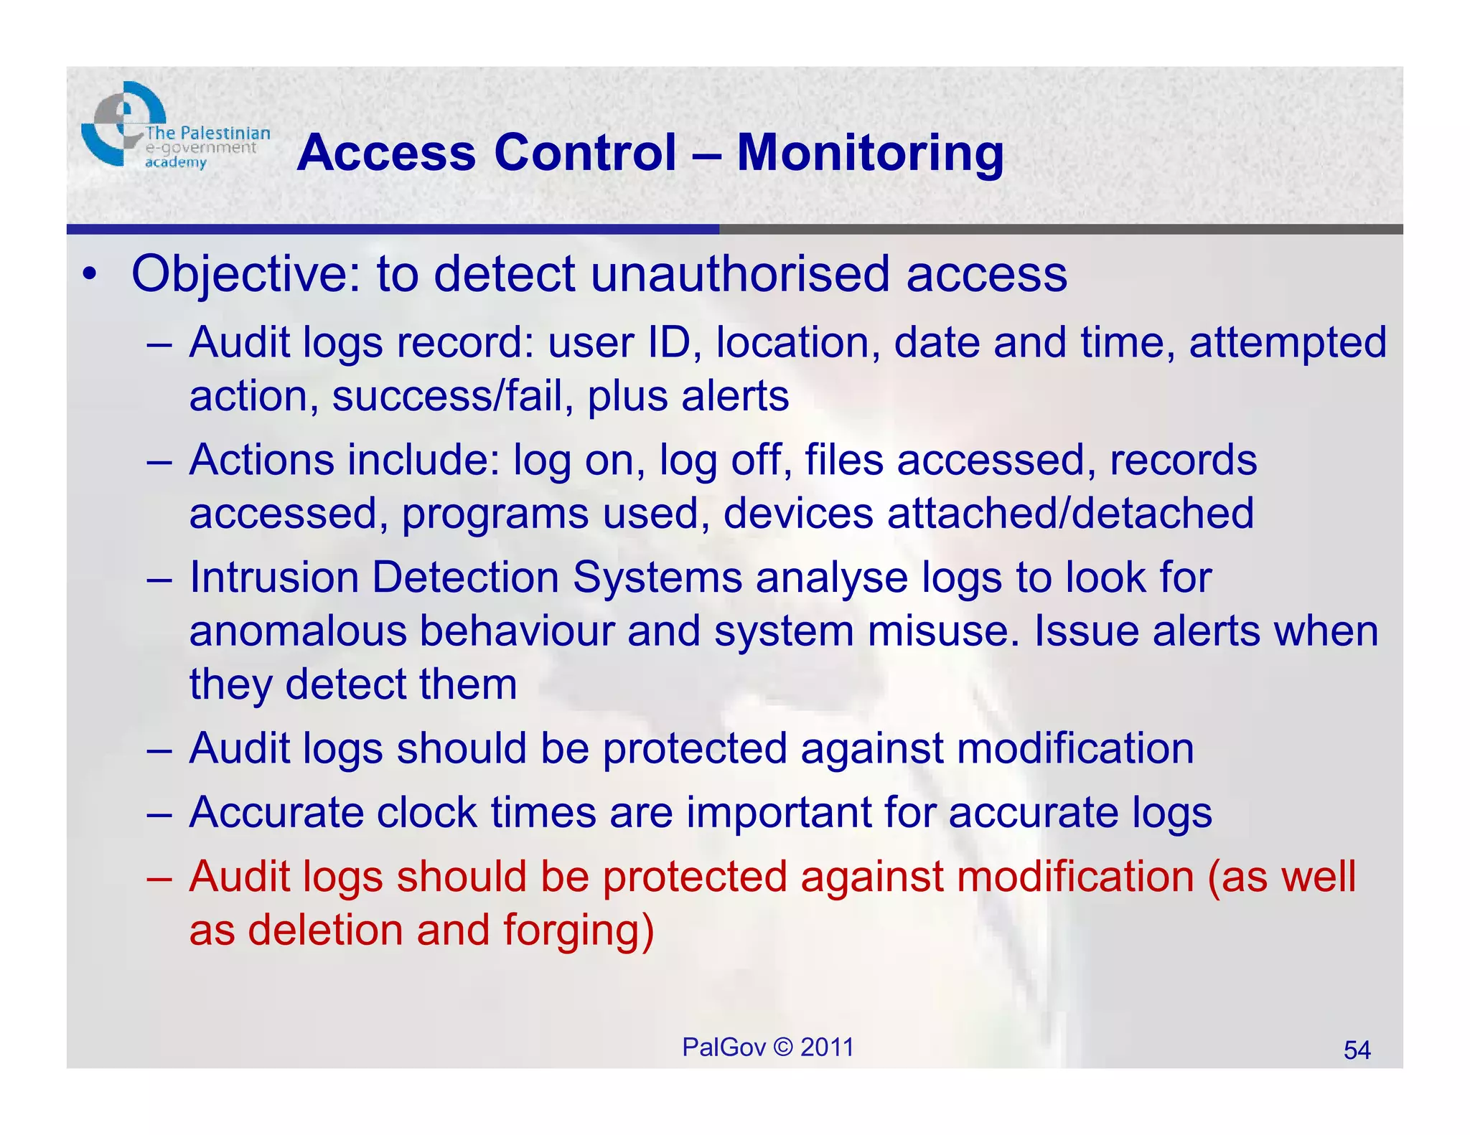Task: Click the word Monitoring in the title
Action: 870,154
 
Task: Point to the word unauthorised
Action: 739,275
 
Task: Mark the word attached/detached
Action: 1070,514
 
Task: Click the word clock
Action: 426,813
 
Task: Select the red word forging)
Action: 579,931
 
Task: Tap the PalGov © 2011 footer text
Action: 767,1047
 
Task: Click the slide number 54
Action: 1357,1050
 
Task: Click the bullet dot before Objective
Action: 89,275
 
